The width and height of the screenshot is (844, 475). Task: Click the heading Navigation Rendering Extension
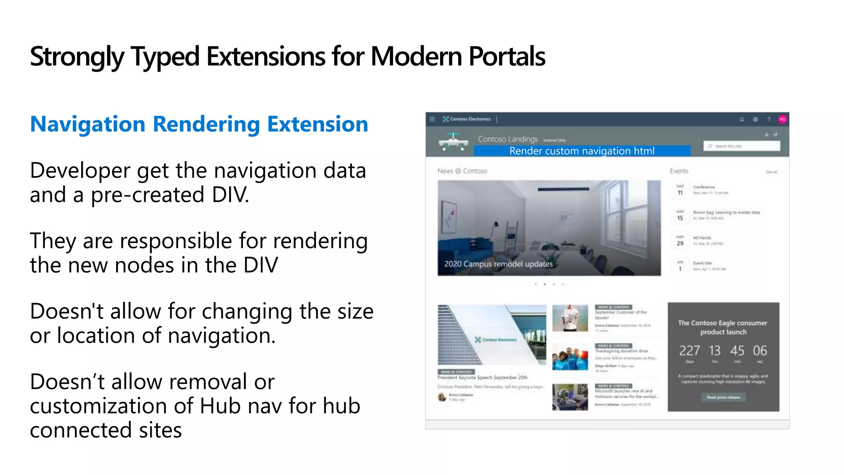199,124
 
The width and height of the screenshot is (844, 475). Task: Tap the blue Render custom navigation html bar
581,151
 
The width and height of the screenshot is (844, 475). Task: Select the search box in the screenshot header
741,146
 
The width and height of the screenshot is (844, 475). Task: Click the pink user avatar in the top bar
782,120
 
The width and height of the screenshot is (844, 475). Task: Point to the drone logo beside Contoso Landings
453,141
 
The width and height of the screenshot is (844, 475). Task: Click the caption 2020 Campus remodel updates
498,264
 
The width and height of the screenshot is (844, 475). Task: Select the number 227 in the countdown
689,350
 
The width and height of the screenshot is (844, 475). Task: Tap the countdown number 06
760,350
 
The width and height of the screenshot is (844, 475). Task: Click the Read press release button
723,397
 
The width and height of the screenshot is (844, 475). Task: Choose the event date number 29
680,243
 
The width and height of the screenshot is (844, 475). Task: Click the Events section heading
679,171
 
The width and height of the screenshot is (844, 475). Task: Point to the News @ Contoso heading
462,171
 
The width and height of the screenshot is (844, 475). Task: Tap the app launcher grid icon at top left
432,119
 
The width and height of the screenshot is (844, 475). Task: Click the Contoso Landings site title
508,139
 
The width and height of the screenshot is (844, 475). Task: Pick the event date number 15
680,218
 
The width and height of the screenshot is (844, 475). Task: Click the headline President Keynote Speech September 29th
482,377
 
